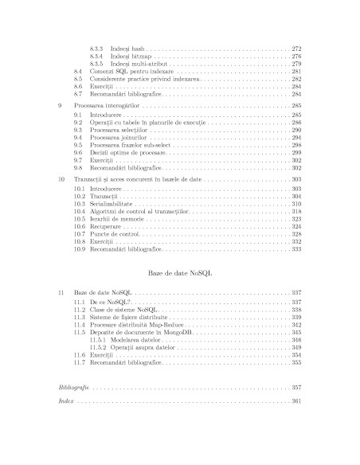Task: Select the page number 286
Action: pos(295,123)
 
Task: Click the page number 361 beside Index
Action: pos(295,401)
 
